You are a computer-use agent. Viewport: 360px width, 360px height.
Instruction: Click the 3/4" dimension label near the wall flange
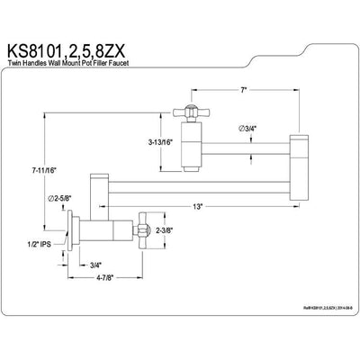pos(95,264)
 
